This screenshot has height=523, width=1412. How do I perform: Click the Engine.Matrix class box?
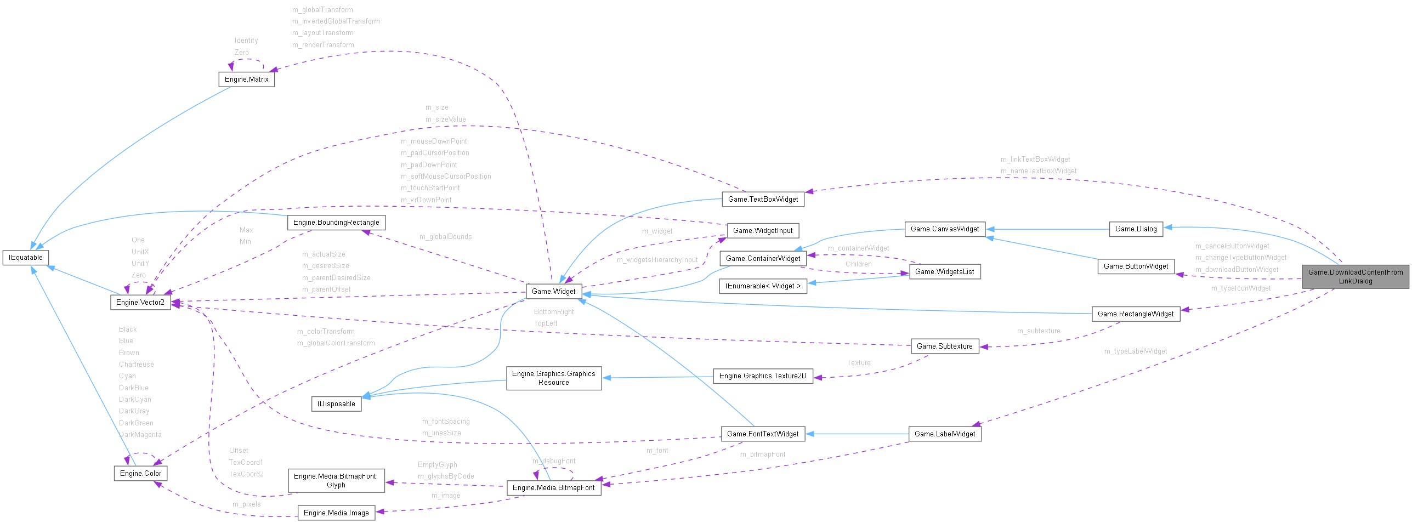(246, 79)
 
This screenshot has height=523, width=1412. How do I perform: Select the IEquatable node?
(26, 257)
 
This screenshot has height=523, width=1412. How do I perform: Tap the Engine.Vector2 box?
(140, 302)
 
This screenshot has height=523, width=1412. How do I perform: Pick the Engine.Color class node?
(140, 473)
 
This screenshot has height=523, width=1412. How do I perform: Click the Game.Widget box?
(553, 291)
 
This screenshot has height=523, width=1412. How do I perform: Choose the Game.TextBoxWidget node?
(763, 199)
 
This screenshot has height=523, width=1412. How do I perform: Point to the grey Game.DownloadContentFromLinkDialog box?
(1355, 276)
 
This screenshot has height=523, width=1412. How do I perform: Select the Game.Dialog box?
(1136, 229)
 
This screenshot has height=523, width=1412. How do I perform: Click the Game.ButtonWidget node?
(1135, 266)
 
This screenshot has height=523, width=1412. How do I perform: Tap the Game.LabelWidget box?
(944, 434)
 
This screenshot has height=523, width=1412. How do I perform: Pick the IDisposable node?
(336, 404)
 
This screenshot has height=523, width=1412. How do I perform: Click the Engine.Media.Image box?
(336, 513)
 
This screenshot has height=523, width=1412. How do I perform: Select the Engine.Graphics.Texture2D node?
(762, 376)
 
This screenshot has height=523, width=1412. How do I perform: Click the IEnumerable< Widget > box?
(762, 286)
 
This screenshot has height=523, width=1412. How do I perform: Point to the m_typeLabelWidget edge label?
(1135, 351)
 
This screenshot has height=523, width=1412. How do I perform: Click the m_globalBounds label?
(445, 237)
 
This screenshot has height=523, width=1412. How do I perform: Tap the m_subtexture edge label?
(1038, 331)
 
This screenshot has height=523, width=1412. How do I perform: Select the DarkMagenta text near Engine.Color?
(140, 435)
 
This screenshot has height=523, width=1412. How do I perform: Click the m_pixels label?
(246, 504)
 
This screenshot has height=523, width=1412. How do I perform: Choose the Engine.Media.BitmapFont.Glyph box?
(336, 480)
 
